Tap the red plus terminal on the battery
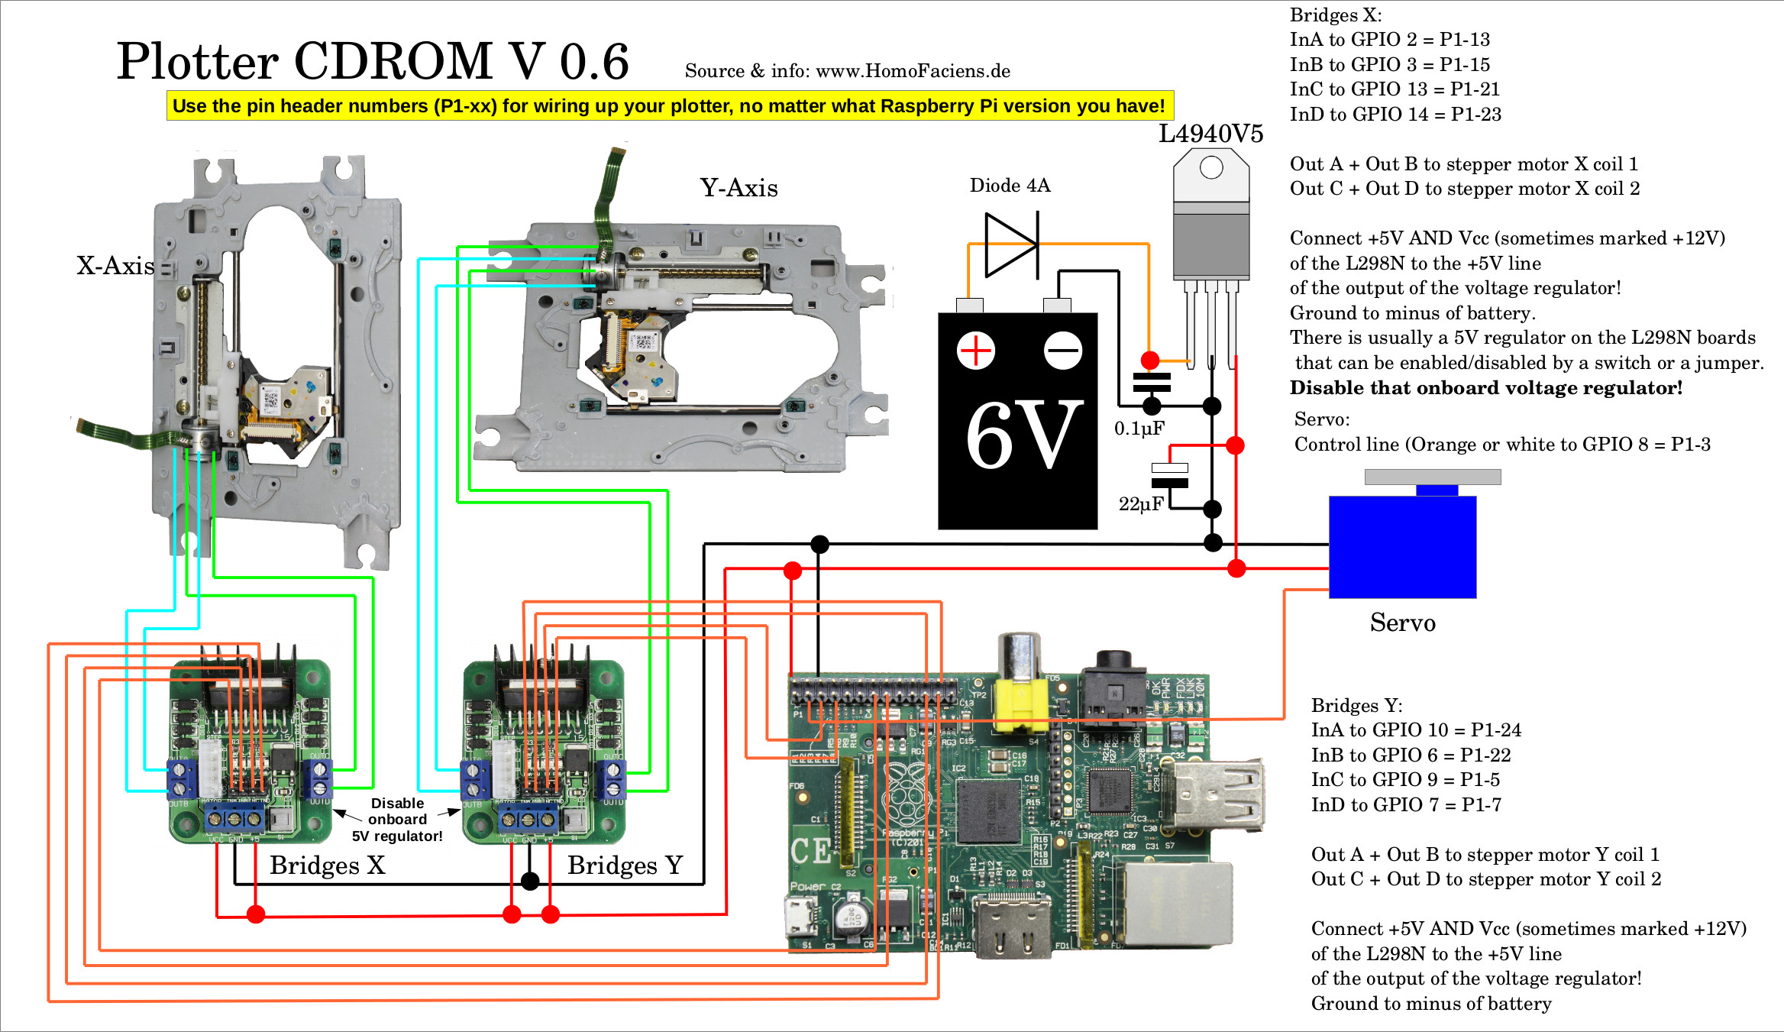pyautogui.click(x=975, y=351)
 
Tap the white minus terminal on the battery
pyautogui.click(x=1063, y=351)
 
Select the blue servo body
pyautogui.click(x=1402, y=546)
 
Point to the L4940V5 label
pyautogui.click(x=1210, y=134)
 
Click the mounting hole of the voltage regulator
pyautogui.click(x=1211, y=167)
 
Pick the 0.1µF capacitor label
pyautogui.click(x=1139, y=429)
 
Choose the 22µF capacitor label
pyautogui.click(x=1141, y=504)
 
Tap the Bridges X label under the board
pyautogui.click(x=327, y=865)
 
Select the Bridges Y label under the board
pyautogui.click(x=625, y=865)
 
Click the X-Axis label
pyautogui.click(x=115, y=266)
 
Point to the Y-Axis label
pyautogui.click(x=738, y=188)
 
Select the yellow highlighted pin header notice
pyautogui.click(x=669, y=106)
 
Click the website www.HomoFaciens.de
pyautogui.click(x=913, y=72)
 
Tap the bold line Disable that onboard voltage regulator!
pyautogui.click(x=1485, y=388)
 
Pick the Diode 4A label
pyautogui.click(x=1010, y=186)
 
